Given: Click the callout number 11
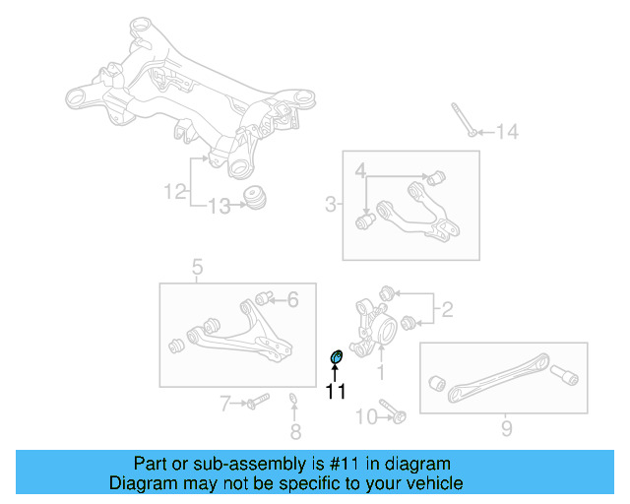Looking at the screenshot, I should coord(336,392).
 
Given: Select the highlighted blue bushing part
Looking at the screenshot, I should coord(336,355).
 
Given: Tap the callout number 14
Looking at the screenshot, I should coord(506,132).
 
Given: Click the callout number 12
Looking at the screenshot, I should coord(175,193).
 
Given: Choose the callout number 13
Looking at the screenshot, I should coord(219,206).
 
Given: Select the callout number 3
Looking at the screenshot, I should coord(331,205).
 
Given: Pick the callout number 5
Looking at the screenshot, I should coord(197,267).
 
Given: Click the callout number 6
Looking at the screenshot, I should coord(291,300).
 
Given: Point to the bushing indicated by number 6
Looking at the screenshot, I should coord(263,297).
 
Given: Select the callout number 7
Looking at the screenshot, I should coord(224,402).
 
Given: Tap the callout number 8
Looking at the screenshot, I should coord(295,431).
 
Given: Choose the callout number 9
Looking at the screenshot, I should coord(506,428).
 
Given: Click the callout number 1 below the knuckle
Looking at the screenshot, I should coord(381,373).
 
